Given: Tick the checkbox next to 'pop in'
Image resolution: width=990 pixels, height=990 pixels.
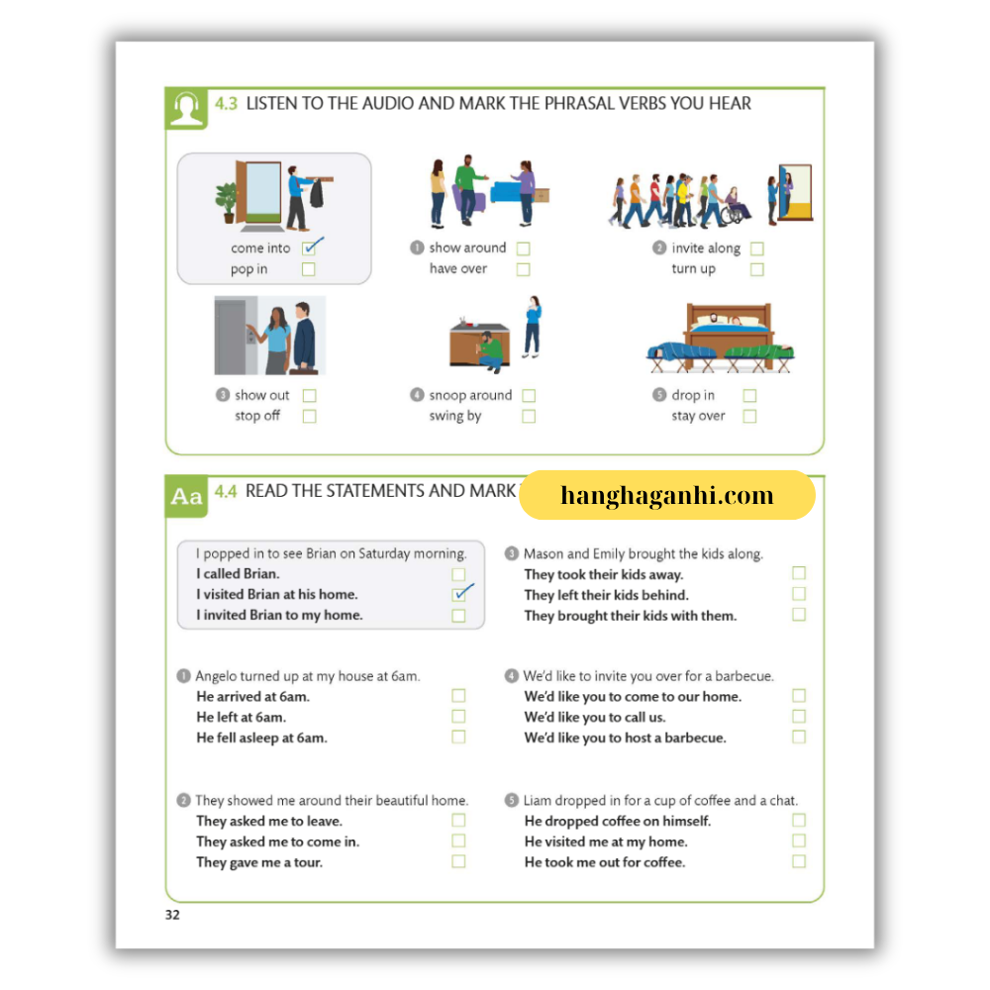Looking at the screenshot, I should [309, 269].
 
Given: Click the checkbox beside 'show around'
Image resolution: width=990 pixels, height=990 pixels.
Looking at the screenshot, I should [523, 248].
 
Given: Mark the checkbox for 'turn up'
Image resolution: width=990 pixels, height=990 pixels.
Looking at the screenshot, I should [757, 269].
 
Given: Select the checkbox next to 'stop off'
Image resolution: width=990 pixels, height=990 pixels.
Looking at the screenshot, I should [309, 417].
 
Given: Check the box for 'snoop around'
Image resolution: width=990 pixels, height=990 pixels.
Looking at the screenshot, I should [529, 396].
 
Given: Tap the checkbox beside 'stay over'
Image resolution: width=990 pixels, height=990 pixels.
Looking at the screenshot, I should [749, 417].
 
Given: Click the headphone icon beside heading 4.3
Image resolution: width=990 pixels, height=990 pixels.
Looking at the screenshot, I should [186, 108].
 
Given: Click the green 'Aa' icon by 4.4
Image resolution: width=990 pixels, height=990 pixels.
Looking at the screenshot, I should [186, 496].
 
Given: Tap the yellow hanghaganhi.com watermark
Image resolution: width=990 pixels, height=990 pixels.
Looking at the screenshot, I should [666, 496].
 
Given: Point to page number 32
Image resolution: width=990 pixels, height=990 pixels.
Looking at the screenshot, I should [173, 915].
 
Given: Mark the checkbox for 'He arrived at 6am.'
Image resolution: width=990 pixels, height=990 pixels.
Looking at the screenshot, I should [458, 696].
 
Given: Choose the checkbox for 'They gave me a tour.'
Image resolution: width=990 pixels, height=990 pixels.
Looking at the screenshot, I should [458, 861].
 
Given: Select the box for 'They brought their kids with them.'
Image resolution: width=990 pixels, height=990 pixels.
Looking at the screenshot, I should [799, 615].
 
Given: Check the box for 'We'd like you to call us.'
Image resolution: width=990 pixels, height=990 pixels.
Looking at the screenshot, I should [799, 717].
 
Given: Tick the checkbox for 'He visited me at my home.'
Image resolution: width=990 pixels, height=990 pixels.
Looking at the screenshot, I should [799, 841].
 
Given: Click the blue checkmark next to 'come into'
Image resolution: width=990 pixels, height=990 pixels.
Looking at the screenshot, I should [312, 247].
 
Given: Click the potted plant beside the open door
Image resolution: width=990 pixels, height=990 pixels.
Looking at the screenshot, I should [228, 202].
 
